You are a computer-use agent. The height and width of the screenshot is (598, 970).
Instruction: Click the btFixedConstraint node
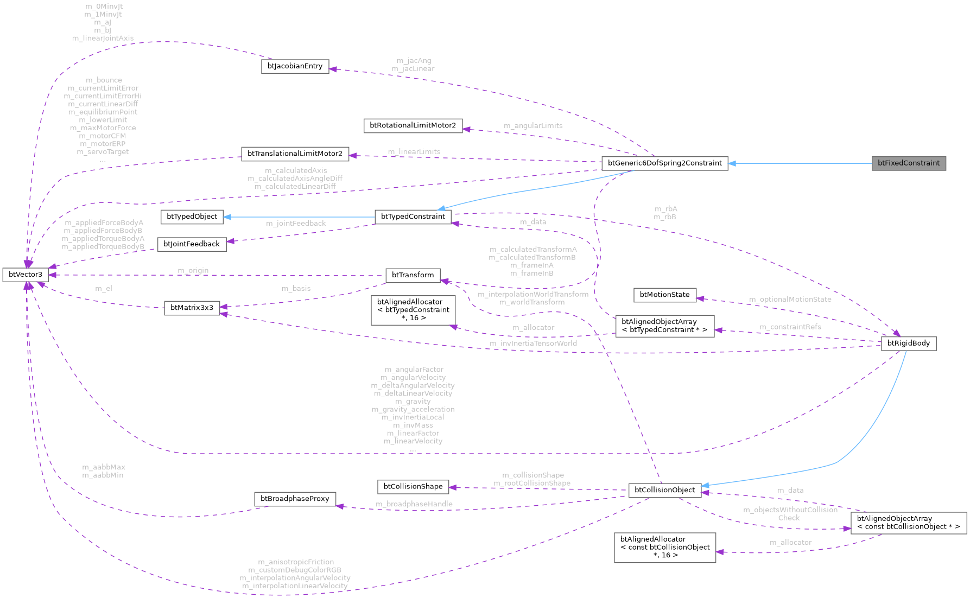(x=909, y=163)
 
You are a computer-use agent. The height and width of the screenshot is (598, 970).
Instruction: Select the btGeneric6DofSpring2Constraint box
(x=664, y=163)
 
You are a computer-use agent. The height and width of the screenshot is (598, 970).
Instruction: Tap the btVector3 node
(x=26, y=275)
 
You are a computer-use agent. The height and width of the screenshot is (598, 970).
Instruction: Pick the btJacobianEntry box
(x=295, y=66)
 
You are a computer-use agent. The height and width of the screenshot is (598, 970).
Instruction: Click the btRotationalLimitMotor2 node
(x=413, y=126)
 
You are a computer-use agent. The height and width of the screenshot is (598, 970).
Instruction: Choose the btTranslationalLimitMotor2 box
(x=295, y=154)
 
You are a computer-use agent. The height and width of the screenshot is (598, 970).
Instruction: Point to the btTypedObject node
(x=192, y=217)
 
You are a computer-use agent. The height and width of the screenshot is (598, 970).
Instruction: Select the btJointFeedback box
(x=192, y=244)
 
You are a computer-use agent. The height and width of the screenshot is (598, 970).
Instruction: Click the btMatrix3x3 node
(x=192, y=308)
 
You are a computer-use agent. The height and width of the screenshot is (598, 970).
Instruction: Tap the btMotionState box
(x=664, y=295)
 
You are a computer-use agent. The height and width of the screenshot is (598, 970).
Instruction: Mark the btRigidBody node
(x=908, y=343)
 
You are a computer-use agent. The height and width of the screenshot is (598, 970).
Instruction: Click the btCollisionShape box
(x=413, y=487)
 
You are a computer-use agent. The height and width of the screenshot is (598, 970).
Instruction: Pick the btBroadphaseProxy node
(x=295, y=499)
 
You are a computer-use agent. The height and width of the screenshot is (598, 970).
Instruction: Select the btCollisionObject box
(x=664, y=490)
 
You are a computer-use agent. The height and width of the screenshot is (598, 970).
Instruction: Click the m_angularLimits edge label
(x=533, y=126)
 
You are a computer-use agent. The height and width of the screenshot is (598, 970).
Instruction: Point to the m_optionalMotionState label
(x=790, y=300)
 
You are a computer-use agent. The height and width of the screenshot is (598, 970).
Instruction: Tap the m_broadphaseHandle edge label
(x=414, y=505)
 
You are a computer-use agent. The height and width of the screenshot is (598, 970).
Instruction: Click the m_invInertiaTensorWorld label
(x=533, y=343)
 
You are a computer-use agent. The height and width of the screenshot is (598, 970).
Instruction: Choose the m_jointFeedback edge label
(x=296, y=224)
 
